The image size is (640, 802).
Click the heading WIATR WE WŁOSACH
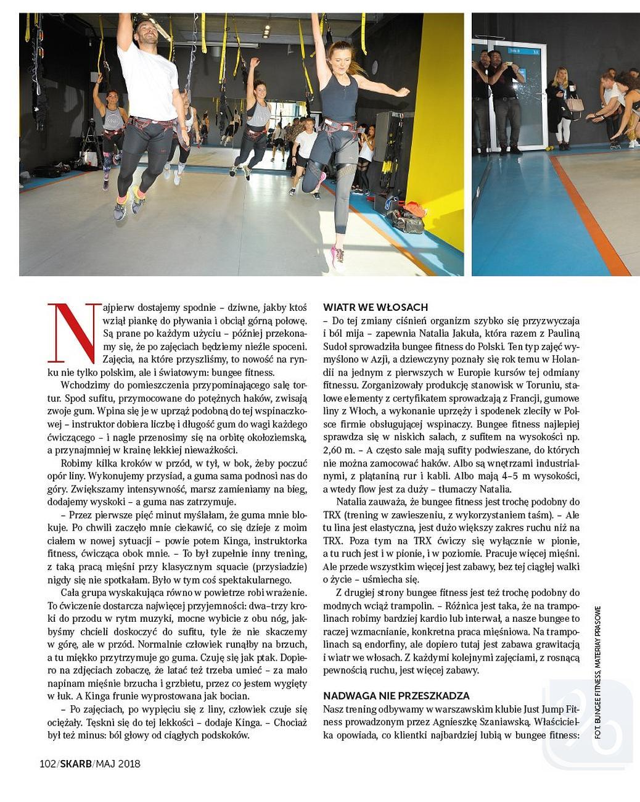coord(375,307)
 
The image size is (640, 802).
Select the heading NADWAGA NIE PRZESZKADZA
coord(396,695)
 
